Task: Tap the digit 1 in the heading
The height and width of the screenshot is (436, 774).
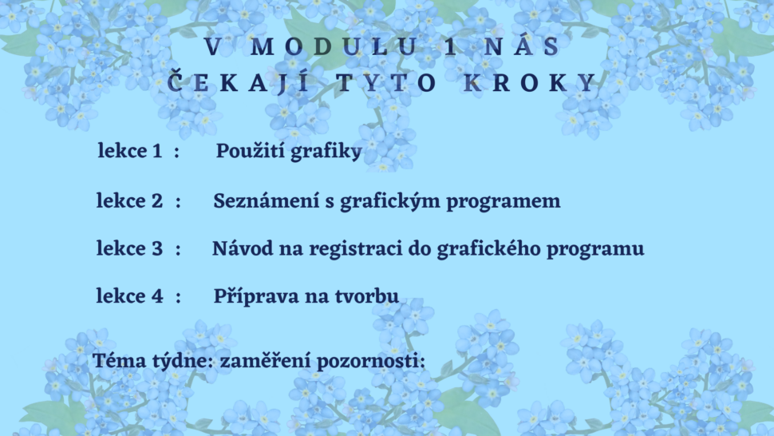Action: coord(451,47)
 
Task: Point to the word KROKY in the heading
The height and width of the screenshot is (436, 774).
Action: coord(529,82)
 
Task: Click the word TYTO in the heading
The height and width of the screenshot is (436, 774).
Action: coord(386,82)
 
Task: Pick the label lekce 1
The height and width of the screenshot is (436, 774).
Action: coord(130,151)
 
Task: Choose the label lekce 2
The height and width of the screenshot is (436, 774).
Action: coord(129,200)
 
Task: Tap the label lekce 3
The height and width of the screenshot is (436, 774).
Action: coord(129,248)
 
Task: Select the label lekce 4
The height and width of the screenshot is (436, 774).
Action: coord(129,295)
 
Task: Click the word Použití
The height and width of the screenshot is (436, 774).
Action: coord(250,151)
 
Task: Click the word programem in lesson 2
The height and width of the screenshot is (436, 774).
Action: coord(503,202)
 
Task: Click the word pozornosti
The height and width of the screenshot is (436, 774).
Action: coord(370,361)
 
